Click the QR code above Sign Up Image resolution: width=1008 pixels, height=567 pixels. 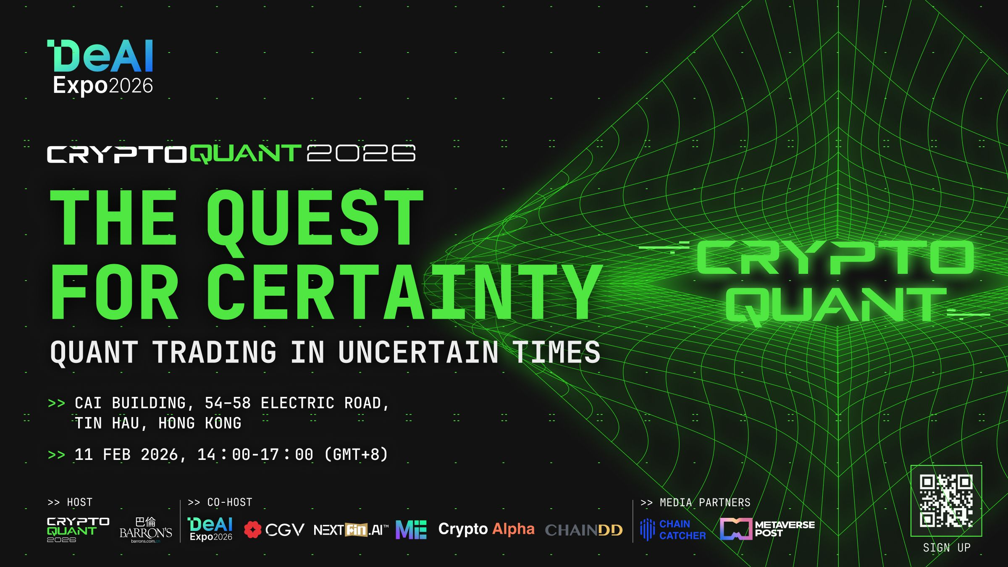point(946,501)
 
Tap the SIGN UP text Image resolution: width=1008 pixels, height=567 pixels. point(947,548)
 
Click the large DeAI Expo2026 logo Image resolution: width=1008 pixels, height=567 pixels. point(101,67)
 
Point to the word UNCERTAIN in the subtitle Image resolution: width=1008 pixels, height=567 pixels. point(418,352)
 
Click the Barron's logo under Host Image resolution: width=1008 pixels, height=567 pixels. point(145,530)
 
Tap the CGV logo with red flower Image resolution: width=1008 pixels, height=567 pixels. point(274,530)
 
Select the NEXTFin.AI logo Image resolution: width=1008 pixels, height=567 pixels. point(351,530)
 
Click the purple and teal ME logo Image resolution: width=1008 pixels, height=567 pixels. point(411,530)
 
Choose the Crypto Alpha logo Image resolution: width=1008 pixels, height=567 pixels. point(486,529)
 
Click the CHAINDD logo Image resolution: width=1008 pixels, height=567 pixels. point(584,530)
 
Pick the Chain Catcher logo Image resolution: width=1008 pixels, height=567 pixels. point(673,530)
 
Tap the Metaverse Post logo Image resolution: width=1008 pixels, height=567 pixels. point(767,529)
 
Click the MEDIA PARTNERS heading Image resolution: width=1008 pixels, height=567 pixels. point(704,502)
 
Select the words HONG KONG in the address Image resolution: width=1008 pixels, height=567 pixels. point(199,423)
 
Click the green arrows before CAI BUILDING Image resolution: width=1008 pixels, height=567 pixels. point(56,403)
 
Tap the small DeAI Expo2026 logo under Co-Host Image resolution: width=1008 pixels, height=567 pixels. point(210,529)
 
